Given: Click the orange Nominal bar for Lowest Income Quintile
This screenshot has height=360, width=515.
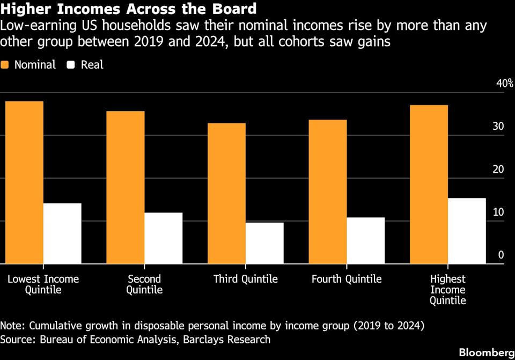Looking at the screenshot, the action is (x=24, y=182).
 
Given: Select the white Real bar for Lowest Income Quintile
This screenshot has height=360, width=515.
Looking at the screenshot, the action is (x=62, y=233).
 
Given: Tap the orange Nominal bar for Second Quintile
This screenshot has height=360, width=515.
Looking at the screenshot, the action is (x=126, y=187).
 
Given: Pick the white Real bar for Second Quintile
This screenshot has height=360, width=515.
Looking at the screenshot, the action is (x=164, y=238).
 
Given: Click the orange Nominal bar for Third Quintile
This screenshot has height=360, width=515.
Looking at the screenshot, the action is (x=226, y=193).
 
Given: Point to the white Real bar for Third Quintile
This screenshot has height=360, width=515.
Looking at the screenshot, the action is (x=264, y=243).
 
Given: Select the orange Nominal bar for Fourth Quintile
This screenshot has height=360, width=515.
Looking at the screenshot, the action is (x=328, y=192).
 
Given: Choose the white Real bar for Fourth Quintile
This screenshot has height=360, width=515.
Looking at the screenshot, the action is (x=366, y=240).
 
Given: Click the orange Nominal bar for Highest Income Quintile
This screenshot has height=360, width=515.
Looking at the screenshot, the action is (x=429, y=184).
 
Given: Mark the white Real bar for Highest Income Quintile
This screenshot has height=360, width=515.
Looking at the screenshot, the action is (x=467, y=231).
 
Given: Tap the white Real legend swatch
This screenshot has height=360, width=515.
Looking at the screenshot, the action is (x=71, y=65).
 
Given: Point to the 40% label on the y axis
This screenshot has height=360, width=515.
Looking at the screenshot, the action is (x=504, y=84).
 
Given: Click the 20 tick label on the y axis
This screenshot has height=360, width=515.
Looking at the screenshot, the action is (x=498, y=170).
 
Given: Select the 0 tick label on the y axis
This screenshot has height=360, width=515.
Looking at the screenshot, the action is (x=501, y=255).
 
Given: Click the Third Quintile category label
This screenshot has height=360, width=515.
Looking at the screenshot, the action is (x=246, y=279).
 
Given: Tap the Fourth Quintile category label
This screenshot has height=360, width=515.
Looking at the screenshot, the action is (x=347, y=279).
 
